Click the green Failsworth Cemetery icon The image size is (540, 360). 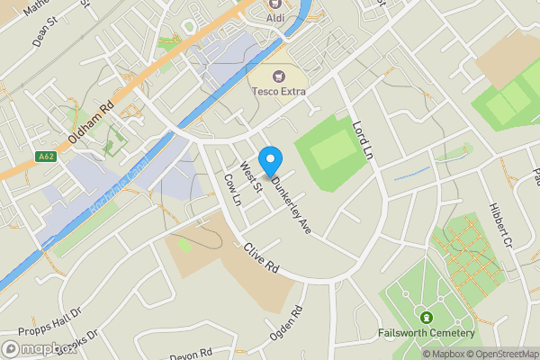click(426, 318)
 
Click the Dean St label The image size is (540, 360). click(43, 35)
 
